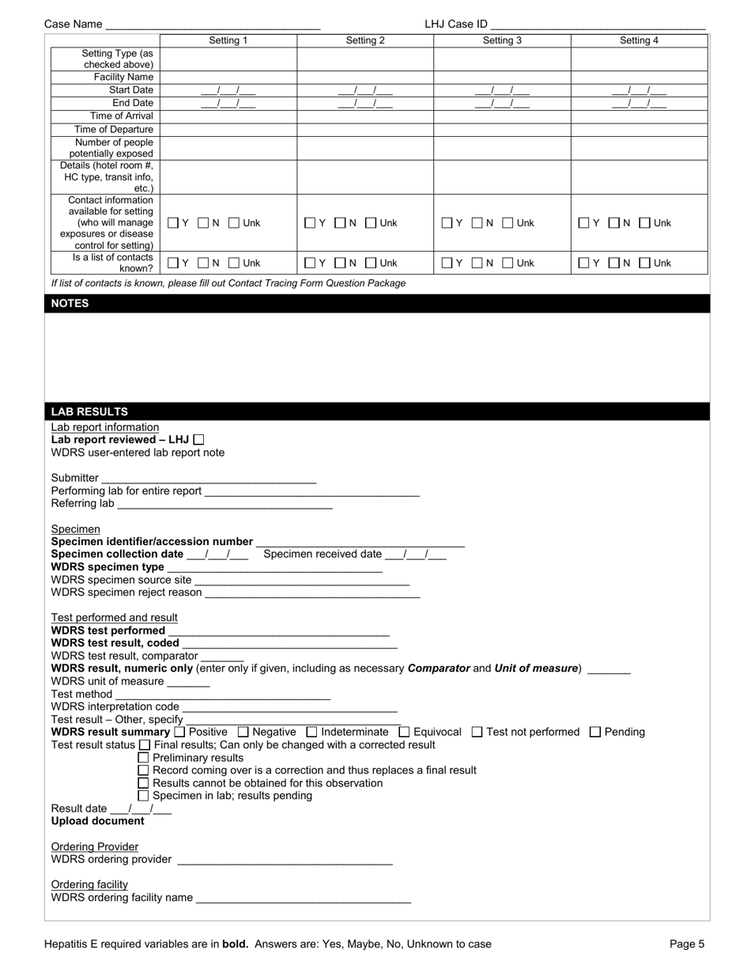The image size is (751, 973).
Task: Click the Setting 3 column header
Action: click(x=502, y=40)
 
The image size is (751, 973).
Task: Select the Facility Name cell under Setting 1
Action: click(x=228, y=77)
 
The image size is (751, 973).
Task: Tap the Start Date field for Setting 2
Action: click(x=365, y=90)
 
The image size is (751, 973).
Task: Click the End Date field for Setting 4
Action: click(x=639, y=103)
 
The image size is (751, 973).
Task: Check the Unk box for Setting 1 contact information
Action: click(x=235, y=223)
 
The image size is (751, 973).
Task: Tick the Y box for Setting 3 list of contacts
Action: click(x=446, y=263)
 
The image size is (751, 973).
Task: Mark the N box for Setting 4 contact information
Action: click(x=613, y=223)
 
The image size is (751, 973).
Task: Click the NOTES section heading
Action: click(x=70, y=303)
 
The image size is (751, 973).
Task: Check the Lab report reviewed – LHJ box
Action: click(x=198, y=439)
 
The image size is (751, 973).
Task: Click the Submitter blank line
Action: click(x=209, y=478)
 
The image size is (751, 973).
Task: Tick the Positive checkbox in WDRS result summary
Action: click(x=179, y=733)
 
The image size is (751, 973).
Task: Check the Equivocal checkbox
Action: click(x=405, y=733)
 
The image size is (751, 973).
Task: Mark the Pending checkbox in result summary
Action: click(x=596, y=733)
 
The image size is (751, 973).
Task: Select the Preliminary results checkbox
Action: click(x=144, y=758)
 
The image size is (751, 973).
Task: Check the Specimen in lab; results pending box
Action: click(x=144, y=796)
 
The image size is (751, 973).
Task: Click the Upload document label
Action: click(x=98, y=821)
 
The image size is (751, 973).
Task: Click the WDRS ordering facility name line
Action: click(x=304, y=898)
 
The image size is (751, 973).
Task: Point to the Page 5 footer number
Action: click(x=687, y=944)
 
